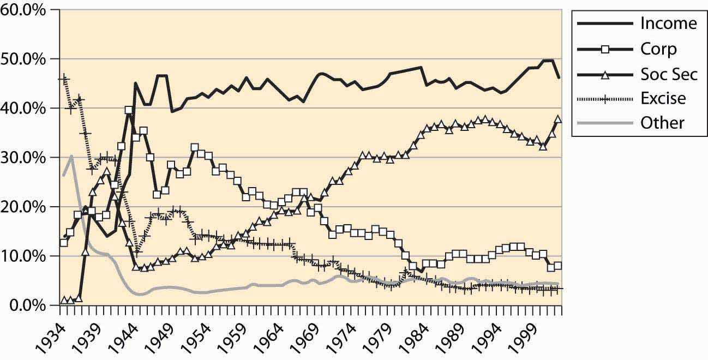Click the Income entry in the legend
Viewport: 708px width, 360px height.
click(668, 23)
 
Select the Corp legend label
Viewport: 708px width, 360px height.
click(658, 49)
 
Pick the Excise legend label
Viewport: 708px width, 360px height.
click(663, 98)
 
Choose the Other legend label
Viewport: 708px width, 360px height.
click(662, 123)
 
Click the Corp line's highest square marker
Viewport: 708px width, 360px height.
click(129, 110)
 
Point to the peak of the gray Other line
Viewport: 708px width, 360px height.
click(71, 156)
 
